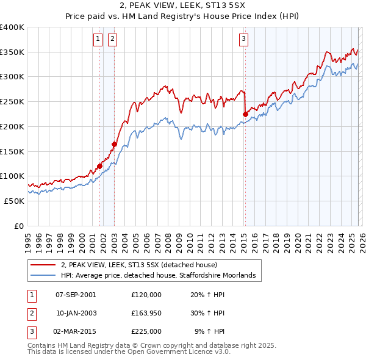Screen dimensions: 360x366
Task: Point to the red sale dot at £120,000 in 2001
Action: [x=99, y=166]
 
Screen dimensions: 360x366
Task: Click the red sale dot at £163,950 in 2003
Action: [x=114, y=144]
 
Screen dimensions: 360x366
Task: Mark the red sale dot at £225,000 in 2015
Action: [x=245, y=113]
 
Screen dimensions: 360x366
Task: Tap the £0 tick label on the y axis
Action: [x=19, y=226]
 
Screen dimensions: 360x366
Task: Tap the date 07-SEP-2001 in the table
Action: [x=75, y=295]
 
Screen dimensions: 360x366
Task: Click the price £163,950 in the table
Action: [x=146, y=313]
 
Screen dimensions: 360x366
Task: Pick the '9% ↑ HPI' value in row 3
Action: [x=209, y=331]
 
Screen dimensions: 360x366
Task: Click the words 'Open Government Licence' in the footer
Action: [x=177, y=351]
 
